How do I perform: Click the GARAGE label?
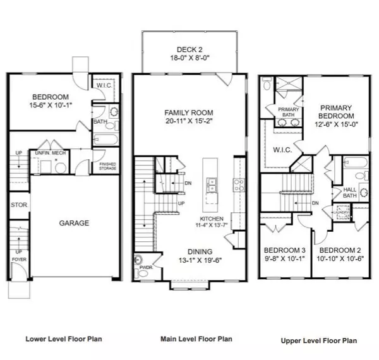[x=75, y=223]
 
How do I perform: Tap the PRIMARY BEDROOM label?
[x=335, y=112]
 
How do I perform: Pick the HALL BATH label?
[x=350, y=193]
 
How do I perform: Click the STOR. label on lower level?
[x=18, y=205]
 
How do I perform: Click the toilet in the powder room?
[x=139, y=260]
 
